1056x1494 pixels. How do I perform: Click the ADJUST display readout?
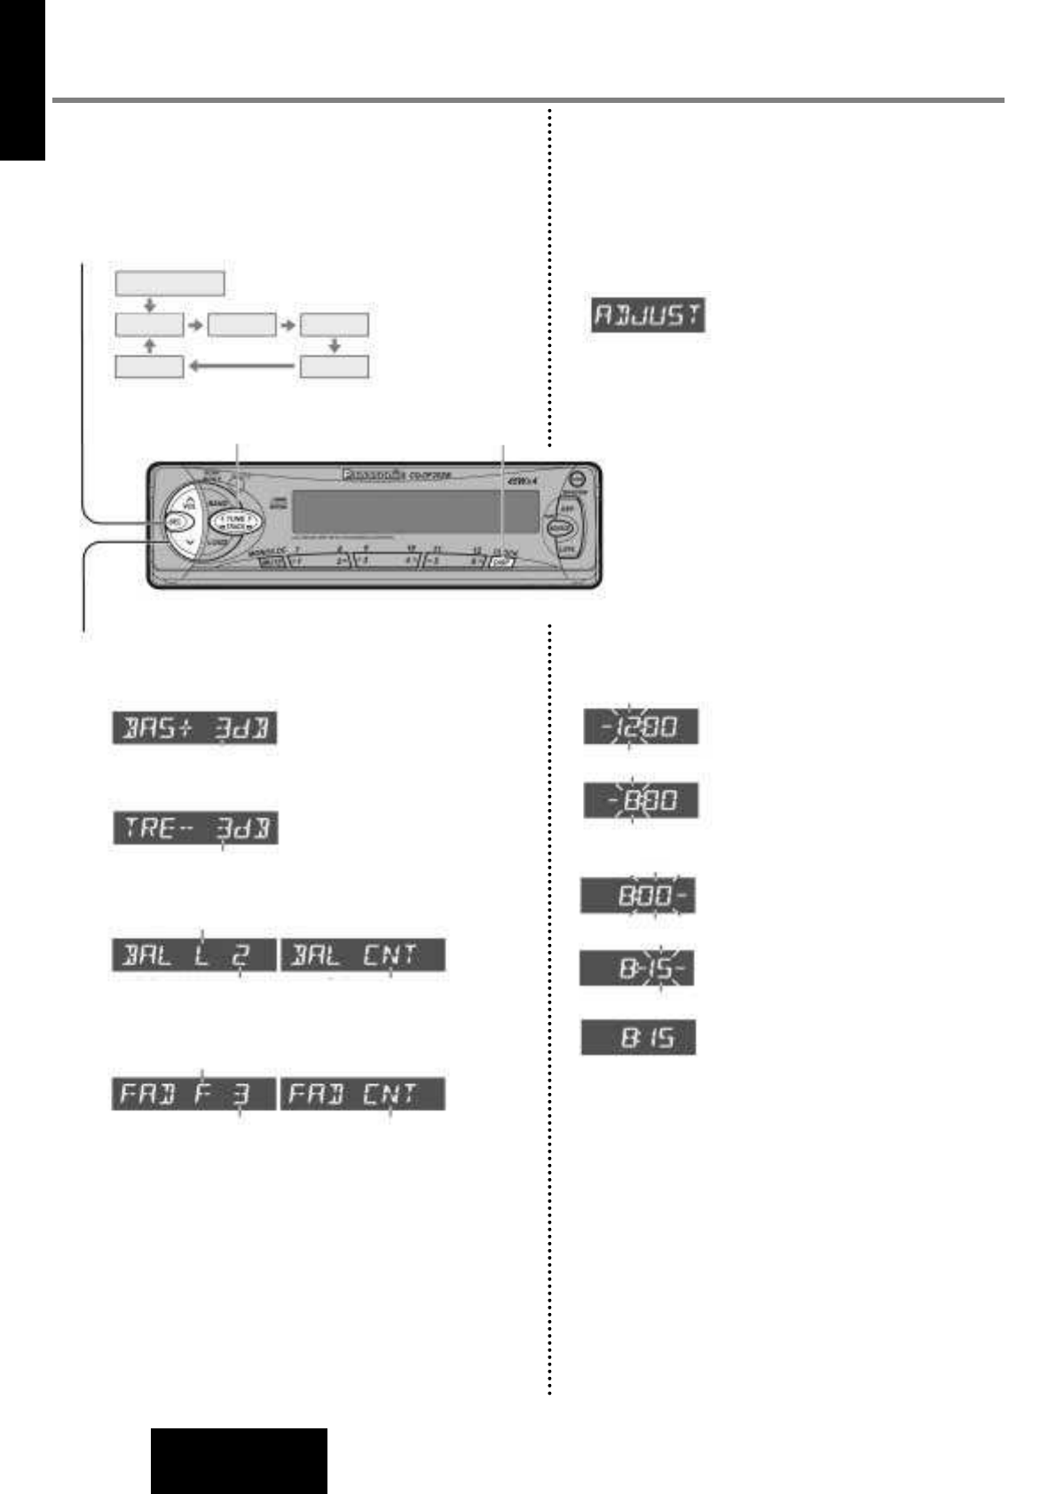(648, 317)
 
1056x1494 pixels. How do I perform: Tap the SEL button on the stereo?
(176, 523)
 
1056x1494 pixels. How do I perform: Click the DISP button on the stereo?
(503, 562)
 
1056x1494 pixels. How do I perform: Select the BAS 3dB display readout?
(194, 729)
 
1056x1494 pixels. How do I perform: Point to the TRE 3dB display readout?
(194, 830)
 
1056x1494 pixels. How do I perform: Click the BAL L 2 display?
(193, 955)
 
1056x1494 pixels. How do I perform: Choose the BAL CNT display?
(363, 955)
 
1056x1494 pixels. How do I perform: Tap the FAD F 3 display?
(193, 1093)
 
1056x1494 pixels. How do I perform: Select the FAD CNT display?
(363, 1093)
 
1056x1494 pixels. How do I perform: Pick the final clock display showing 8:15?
(638, 1037)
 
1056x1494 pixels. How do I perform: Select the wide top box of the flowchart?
(169, 284)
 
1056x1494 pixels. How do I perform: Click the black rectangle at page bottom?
(239, 1460)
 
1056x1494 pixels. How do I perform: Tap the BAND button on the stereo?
(217, 503)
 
